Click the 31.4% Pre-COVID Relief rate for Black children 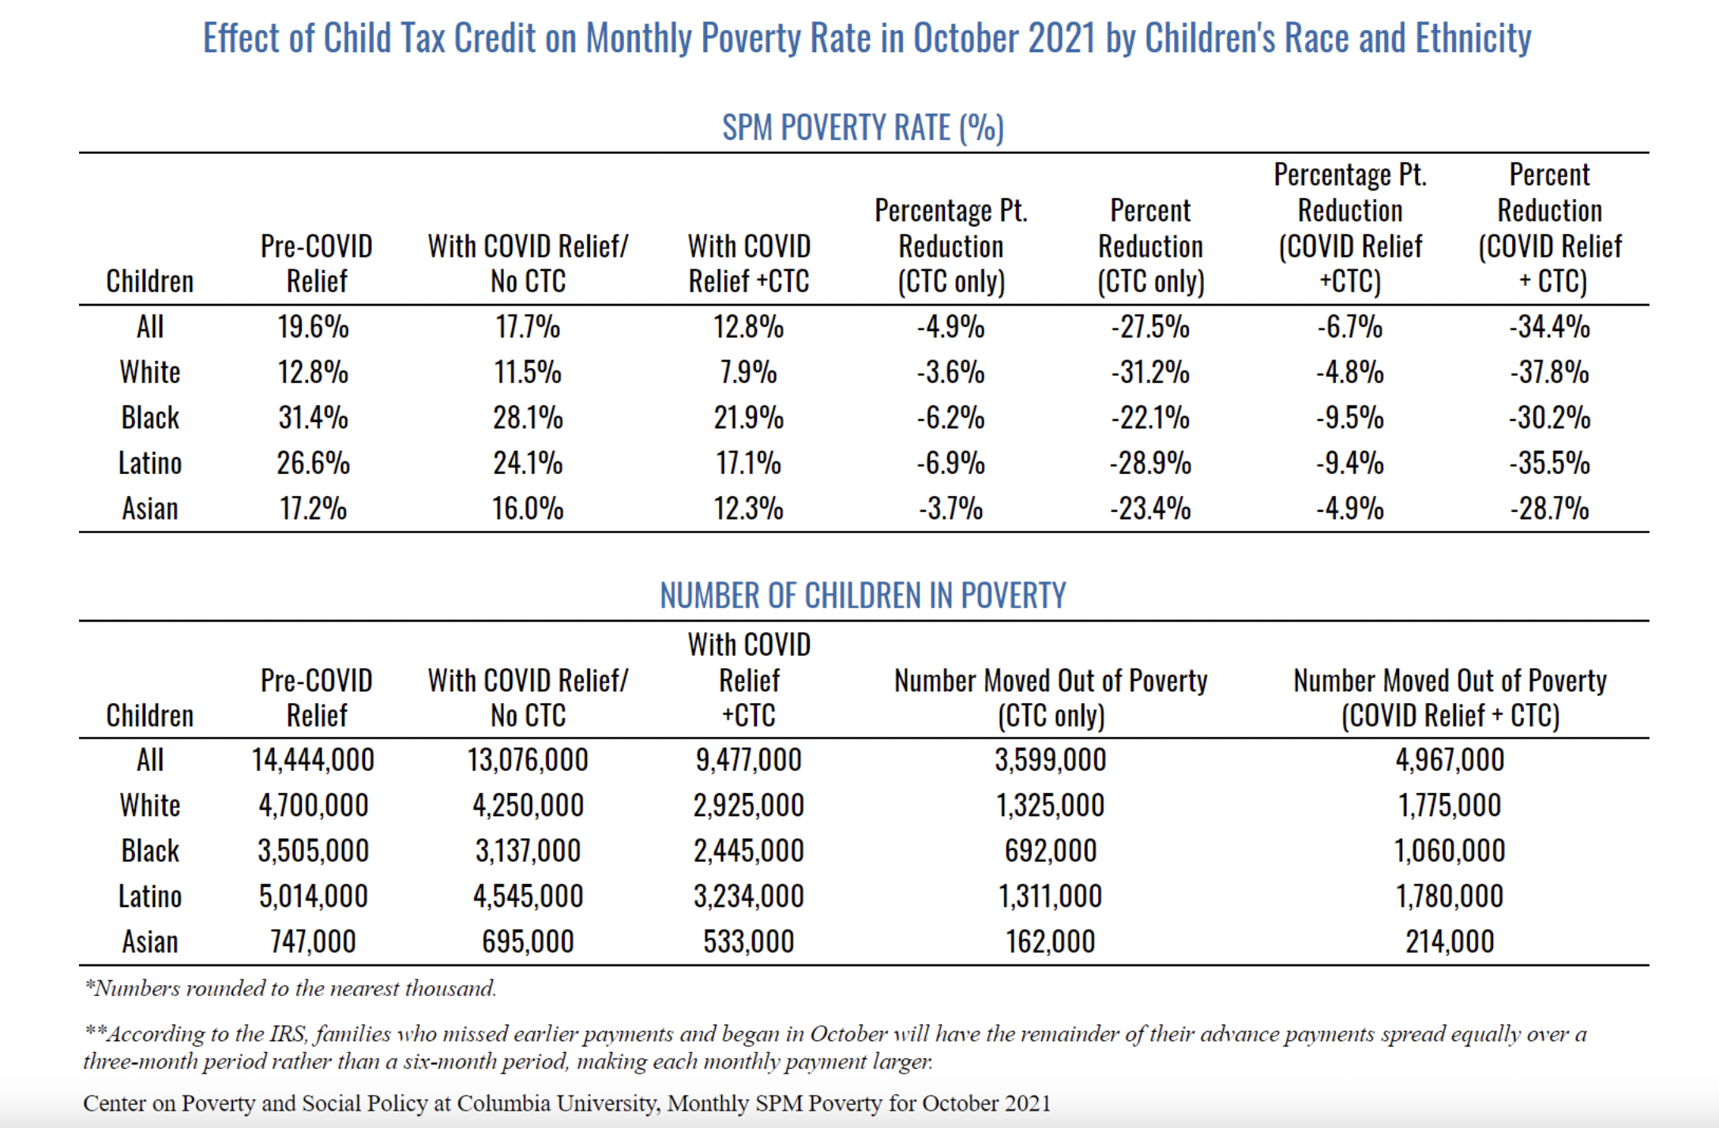313,417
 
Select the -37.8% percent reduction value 1549,372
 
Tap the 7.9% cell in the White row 748,372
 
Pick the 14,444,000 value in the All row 313,760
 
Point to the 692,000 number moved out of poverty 1051,851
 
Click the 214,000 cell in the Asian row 1450,942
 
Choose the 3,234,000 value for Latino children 749,897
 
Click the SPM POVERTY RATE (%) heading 863,128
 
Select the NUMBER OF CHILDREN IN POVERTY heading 863,596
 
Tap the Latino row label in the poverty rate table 150,463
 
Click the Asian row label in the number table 150,942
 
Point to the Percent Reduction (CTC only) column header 1151,246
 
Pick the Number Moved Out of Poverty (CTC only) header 1051,698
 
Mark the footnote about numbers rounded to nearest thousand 291,988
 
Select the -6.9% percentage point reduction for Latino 950,463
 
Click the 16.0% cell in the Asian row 528,508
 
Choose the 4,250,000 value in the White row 528,806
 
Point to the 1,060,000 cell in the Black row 1450,851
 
